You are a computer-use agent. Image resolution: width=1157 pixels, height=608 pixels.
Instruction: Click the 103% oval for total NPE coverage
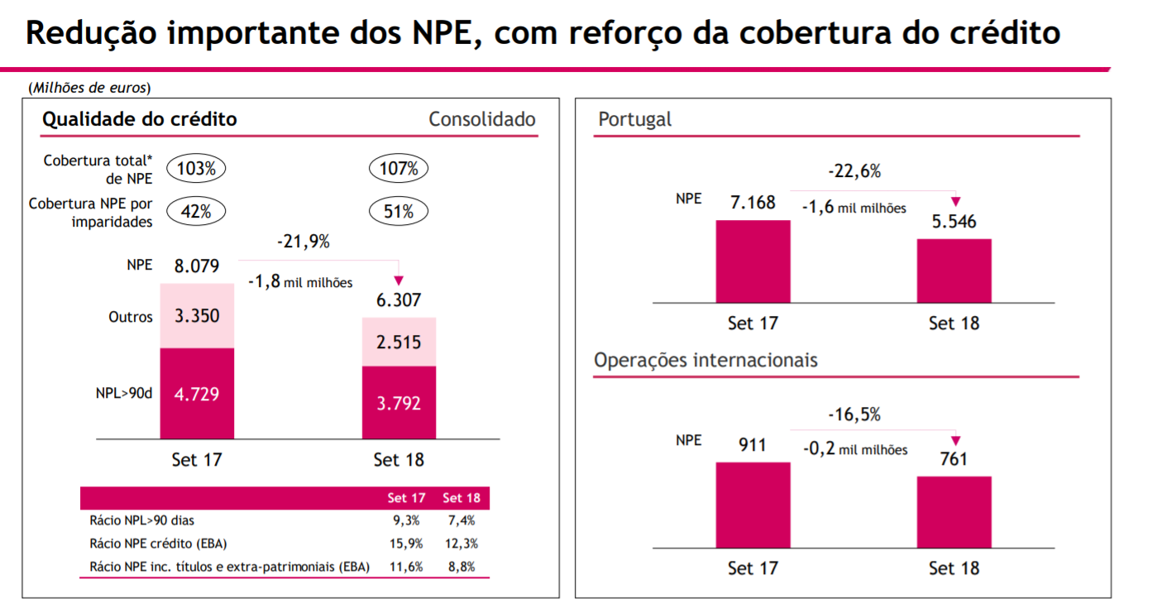tap(196, 169)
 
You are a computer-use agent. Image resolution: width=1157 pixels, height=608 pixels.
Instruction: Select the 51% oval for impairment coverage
tap(398, 212)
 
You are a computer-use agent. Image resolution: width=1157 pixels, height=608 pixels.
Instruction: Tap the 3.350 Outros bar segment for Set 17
tap(197, 316)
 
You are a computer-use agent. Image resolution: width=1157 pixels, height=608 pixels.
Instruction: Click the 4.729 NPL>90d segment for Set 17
tap(197, 394)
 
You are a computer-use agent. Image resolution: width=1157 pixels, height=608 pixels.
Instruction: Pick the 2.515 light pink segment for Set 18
tap(399, 342)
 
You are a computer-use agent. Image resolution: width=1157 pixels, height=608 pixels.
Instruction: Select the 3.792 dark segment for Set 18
tap(399, 403)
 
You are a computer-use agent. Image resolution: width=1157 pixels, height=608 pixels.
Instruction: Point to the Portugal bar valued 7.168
tap(753, 261)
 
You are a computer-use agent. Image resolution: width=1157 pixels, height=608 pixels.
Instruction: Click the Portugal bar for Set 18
tap(954, 270)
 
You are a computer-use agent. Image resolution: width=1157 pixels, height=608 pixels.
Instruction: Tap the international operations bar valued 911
tap(753, 505)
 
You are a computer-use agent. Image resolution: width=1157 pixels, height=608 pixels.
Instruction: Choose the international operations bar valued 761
tap(954, 511)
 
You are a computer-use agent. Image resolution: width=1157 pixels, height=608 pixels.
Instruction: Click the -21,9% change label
tap(303, 242)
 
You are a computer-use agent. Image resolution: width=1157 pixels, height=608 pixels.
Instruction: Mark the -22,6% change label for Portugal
tap(854, 172)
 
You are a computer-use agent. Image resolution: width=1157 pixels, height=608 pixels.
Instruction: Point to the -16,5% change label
tap(854, 414)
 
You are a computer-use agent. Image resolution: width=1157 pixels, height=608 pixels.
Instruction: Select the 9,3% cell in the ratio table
tap(406, 520)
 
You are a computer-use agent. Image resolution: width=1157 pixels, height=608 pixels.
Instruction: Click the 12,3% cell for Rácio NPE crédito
tap(462, 543)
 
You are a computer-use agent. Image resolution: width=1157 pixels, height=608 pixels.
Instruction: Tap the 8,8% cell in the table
tap(462, 567)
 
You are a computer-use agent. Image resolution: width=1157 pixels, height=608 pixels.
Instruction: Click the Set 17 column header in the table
tap(406, 498)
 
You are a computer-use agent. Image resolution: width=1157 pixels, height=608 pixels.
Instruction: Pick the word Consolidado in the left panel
tap(482, 119)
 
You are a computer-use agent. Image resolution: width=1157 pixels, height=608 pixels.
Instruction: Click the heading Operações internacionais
tap(705, 361)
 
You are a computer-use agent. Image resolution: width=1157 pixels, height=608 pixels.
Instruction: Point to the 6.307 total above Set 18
tap(399, 300)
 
